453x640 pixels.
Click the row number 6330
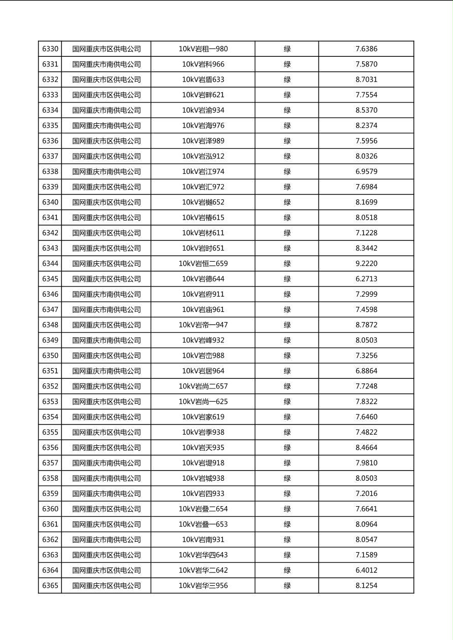[50, 49]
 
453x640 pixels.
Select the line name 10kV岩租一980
[203, 49]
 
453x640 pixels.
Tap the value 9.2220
[366, 264]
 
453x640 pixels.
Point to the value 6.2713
[366, 279]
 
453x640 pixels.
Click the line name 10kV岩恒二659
[203, 264]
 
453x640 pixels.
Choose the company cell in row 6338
[106, 171]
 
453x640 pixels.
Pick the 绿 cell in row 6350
[287, 355]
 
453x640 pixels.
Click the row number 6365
[50, 586]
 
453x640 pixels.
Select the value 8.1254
[366, 586]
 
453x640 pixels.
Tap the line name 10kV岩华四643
[203, 555]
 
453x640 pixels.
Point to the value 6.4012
[366, 570]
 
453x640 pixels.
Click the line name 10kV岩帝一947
[203, 325]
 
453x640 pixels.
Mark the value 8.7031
[366, 80]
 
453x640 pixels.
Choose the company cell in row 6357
[106, 463]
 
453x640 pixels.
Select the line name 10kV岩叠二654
[203, 509]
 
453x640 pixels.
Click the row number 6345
[50, 279]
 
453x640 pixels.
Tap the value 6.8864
[366, 371]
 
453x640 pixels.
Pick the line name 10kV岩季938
[203, 432]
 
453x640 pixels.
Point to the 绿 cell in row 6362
[287, 540]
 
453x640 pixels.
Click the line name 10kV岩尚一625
[203, 402]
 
